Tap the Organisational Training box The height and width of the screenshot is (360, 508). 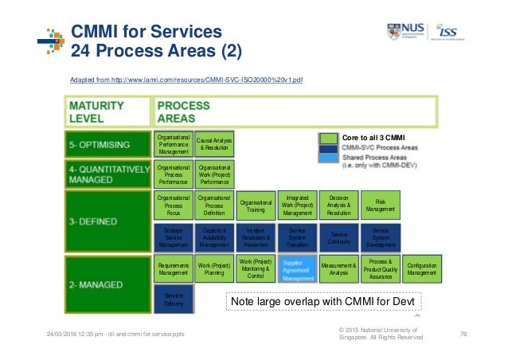[x=256, y=205]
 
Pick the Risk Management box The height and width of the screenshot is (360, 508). [x=380, y=205]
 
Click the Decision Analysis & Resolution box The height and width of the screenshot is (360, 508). [x=338, y=205]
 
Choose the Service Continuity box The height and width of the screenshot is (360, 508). [x=338, y=238]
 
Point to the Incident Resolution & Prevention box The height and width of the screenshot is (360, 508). [x=256, y=238]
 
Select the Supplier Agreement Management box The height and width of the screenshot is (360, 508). [x=298, y=270]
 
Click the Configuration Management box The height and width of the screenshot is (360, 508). [x=421, y=270]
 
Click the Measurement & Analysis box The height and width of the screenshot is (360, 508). [x=338, y=270]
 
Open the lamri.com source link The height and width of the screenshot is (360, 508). [x=186, y=80]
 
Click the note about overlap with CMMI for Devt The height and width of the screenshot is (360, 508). [x=323, y=303]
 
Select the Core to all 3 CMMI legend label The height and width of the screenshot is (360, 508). [x=373, y=137]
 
